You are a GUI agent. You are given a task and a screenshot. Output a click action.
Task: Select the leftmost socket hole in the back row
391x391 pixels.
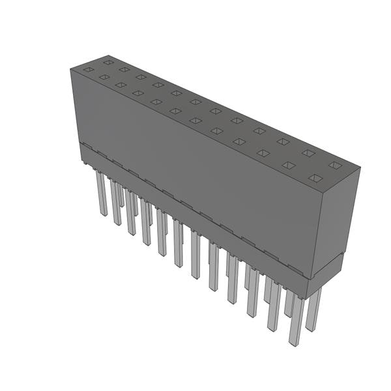[108, 62]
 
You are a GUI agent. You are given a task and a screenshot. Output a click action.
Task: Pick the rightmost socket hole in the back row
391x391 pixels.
[334, 166]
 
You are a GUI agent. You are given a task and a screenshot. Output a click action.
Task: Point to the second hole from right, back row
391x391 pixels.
[308, 154]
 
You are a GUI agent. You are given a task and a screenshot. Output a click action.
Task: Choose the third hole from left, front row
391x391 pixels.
[120, 84]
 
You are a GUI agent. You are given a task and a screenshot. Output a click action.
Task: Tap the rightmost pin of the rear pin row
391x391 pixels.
[313, 309]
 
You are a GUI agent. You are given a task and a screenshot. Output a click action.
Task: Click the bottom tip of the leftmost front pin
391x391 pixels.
[103, 214]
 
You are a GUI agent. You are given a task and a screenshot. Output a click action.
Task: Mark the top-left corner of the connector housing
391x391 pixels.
[70, 68]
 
